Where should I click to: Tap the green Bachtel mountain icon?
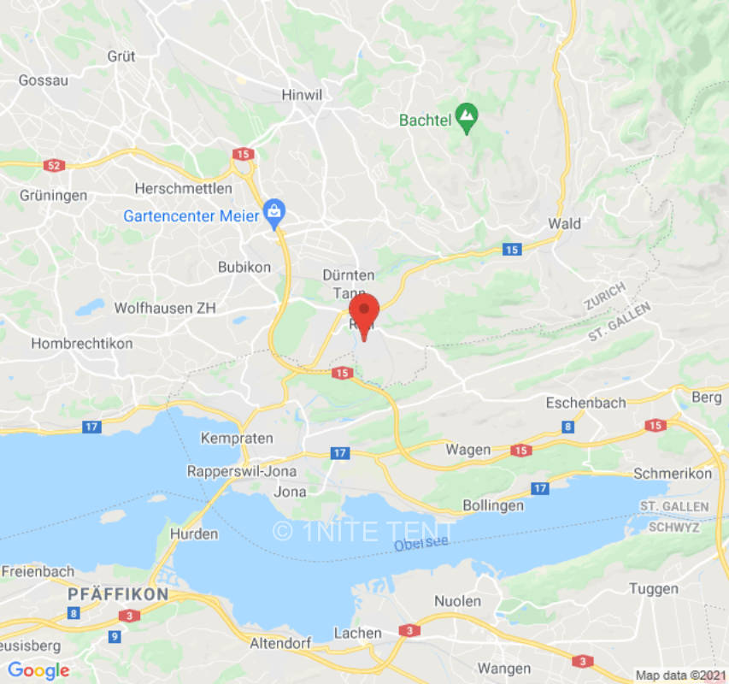(x=466, y=119)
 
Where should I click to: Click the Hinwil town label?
(x=300, y=96)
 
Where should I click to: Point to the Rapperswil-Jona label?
(x=243, y=472)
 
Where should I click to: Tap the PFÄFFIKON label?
(x=119, y=593)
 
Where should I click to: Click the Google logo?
(x=38, y=670)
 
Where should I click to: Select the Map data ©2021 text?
(x=679, y=675)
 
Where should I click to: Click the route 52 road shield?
(x=54, y=165)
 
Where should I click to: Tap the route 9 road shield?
(x=115, y=636)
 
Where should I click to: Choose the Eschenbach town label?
(x=586, y=403)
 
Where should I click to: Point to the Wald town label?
(x=564, y=224)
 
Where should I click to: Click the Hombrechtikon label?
(x=82, y=344)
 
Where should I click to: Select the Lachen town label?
(x=357, y=634)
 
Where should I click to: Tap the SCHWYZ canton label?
(x=673, y=527)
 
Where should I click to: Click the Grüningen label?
(x=53, y=195)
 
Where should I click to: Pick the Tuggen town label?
(x=654, y=589)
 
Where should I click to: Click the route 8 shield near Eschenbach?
(x=567, y=427)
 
